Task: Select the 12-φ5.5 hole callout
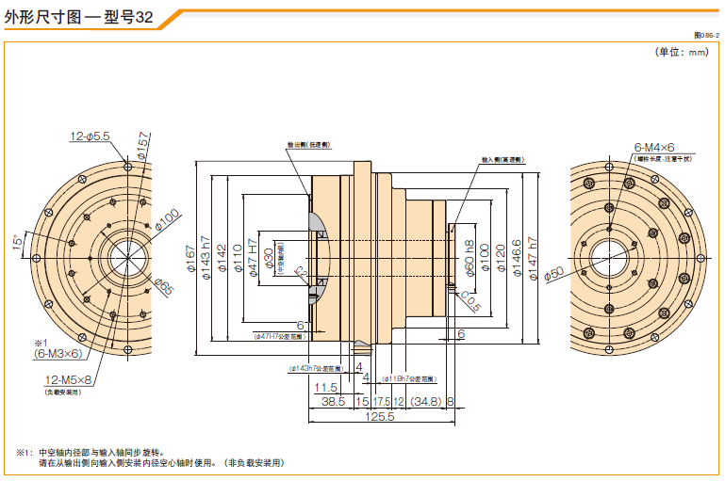(90, 136)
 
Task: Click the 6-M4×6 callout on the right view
(654, 148)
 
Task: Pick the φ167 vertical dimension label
(190, 254)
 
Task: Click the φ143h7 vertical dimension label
(206, 255)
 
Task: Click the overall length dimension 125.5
(377, 416)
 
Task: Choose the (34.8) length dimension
(426, 401)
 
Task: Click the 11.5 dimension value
(326, 387)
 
